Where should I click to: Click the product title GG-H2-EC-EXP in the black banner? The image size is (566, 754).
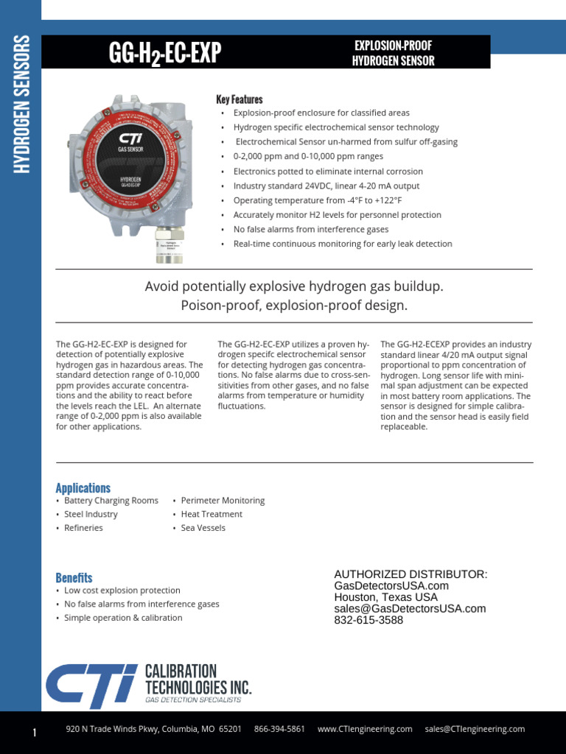(165, 53)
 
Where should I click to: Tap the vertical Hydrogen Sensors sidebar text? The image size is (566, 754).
(21, 105)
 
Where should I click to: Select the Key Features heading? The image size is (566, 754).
(239, 99)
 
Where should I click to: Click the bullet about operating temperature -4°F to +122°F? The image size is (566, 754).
(317, 200)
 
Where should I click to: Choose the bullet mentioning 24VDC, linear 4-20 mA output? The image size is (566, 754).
(326, 186)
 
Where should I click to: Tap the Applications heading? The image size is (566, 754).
(83, 488)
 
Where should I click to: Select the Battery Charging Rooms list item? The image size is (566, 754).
(111, 501)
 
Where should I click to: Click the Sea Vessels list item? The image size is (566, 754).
(203, 528)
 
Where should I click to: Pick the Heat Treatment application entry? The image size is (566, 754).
(211, 514)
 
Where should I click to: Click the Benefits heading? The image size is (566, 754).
(74, 578)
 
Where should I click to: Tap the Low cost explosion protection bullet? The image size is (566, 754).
(122, 591)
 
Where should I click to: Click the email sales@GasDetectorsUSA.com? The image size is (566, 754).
(410, 608)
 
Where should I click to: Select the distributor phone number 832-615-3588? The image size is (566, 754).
(368, 620)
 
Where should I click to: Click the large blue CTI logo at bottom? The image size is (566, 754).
(91, 686)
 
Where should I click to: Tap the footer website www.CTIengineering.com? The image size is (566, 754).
(365, 729)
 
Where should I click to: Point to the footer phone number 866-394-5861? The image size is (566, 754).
(279, 729)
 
